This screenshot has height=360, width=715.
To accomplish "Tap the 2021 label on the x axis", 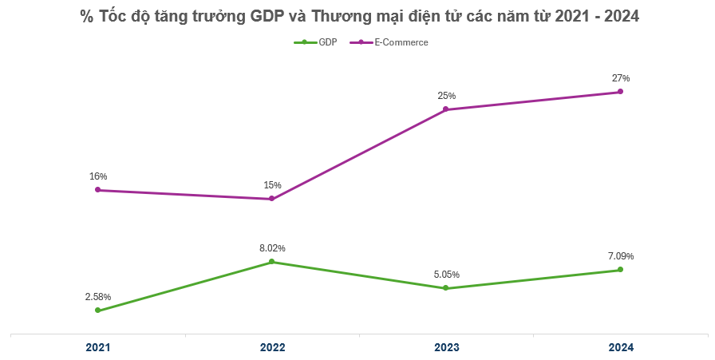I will click(x=98, y=348).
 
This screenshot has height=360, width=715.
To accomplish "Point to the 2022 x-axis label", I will click(x=272, y=348).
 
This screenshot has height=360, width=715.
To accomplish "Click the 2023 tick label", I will click(x=446, y=348).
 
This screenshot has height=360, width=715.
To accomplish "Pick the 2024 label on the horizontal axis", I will click(x=620, y=348).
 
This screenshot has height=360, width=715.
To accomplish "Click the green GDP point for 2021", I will click(x=98, y=311).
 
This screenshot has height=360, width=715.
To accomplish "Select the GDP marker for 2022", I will click(x=272, y=262).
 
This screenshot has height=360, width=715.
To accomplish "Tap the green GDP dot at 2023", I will click(x=446, y=288).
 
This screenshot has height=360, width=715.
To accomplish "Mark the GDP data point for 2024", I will click(x=620, y=270).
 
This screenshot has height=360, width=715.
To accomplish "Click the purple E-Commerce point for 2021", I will click(x=98, y=190).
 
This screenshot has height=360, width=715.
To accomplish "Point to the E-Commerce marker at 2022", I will click(x=272, y=199).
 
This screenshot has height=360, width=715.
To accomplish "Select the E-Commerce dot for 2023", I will click(x=446, y=109).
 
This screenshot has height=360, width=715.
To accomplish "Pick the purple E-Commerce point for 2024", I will click(x=620, y=92).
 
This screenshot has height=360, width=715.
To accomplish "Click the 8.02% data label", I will click(x=272, y=248).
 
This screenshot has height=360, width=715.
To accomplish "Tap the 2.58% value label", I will click(x=98, y=297).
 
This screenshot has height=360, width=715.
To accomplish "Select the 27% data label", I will click(x=620, y=78).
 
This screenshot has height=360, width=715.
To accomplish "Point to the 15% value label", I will click(x=272, y=185).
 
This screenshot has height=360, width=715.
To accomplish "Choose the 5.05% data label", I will click(x=446, y=275).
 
